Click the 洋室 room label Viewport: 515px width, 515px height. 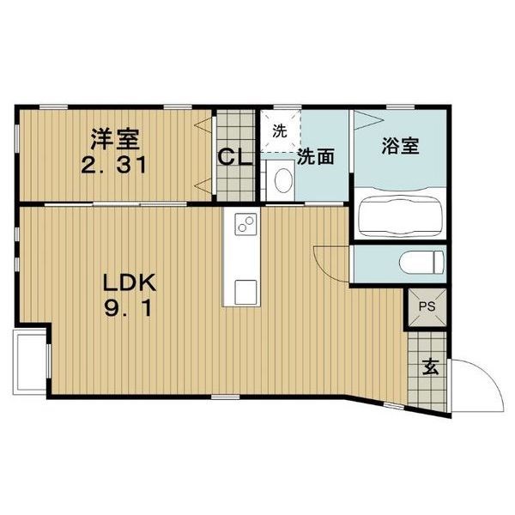pyautogui.click(x=115, y=140)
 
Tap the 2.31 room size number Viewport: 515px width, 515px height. pyautogui.click(x=113, y=165)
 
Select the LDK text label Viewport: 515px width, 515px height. pyautogui.click(x=130, y=282)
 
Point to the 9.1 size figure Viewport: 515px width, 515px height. pyautogui.click(x=128, y=309)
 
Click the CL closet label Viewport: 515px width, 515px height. pyautogui.click(x=235, y=157)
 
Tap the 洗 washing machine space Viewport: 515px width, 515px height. pyautogui.click(x=280, y=131)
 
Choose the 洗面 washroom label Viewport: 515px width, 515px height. pyautogui.click(x=316, y=156)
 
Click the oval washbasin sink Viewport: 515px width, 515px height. pyautogui.click(x=284, y=180)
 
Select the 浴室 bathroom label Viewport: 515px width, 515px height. pyautogui.click(x=400, y=146)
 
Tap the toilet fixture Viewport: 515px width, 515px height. pyautogui.click(x=421, y=262)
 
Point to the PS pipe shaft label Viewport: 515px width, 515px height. pyautogui.click(x=427, y=306)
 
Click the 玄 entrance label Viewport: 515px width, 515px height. pyautogui.click(x=430, y=367)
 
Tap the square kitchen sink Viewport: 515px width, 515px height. pyautogui.click(x=245, y=292)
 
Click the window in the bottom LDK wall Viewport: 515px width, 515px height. pyautogui.click(x=225, y=397)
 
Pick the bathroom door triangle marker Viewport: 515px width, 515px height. pyautogui.click(x=368, y=119)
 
